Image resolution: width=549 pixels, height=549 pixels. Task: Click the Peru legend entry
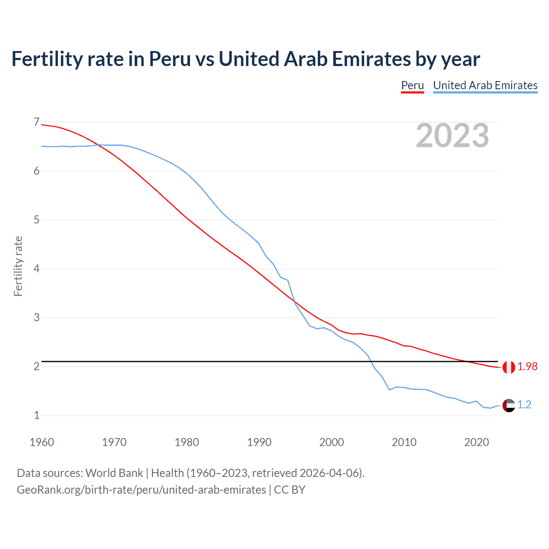412,85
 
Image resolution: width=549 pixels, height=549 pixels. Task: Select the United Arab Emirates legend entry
485,85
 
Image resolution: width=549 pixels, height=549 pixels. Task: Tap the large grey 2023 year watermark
452,136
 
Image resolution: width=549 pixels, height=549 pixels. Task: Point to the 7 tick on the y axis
36,122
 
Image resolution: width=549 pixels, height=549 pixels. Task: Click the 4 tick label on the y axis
36,269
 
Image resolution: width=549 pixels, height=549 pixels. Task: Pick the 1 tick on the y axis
36,415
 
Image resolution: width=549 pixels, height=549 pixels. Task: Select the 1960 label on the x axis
42,442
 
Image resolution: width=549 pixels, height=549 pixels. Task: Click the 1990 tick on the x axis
259,442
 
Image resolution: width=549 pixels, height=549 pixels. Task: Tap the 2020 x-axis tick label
477,442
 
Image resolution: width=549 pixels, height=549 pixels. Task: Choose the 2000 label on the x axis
332,442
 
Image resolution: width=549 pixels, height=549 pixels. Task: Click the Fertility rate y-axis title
18,266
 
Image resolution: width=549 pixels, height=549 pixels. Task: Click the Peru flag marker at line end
509,368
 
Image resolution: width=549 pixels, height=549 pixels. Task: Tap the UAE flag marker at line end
509,405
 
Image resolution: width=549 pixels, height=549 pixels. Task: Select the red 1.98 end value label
527,367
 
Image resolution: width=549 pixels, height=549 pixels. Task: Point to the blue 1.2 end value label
524,405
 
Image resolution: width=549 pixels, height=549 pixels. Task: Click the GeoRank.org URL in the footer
141,490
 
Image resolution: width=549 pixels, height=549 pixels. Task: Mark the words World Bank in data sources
114,473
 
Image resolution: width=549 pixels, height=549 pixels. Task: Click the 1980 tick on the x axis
187,442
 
